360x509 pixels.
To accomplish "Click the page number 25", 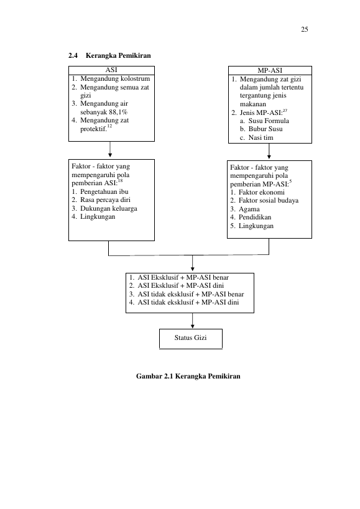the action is (x=304, y=29).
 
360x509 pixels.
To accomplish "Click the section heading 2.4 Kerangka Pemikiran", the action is (x=109, y=55).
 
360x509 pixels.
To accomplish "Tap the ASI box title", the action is (x=111, y=70).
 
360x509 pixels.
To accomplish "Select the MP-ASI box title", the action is (x=270, y=70).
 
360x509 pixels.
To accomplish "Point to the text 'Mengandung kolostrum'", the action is (x=115, y=78).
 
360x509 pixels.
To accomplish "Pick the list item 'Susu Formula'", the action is (x=269, y=121).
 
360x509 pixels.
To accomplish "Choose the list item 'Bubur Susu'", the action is (x=265, y=129).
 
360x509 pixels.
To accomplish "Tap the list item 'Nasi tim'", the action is (x=261, y=137).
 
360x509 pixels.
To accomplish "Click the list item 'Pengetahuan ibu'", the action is (x=104, y=191).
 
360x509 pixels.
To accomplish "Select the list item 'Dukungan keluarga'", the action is (x=109, y=208).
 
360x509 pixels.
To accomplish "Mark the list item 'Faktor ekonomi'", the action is (x=261, y=192).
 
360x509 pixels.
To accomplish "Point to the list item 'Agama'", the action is (x=249, y=209).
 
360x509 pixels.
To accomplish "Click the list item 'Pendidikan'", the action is (x=255, y=217).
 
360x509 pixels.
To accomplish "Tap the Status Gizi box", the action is (x=191, y=339).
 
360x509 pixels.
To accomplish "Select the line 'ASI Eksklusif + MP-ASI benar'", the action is (x=183, y=278).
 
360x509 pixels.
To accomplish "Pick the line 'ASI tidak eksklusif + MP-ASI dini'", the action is (x=188, y=303).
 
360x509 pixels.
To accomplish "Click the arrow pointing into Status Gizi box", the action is (x=193, y=321).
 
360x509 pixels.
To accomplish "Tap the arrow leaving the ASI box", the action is (x=110, y=149).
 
